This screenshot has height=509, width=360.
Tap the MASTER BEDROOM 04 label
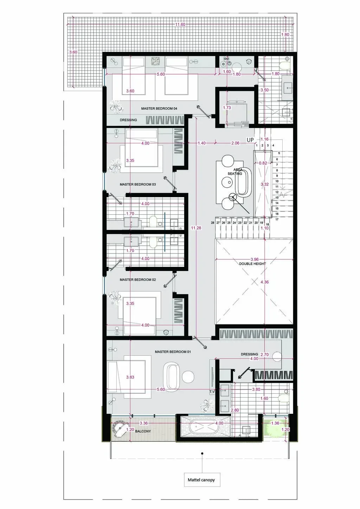click(x=159, y=109)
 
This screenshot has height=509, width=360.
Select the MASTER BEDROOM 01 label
click(x=173, y=352)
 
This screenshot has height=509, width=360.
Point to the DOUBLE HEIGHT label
click(x=252, y=264)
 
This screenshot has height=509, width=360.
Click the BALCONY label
click(x=143, y=431)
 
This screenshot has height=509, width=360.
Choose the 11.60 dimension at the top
click(x=180, y=25)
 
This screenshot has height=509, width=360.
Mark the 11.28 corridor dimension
click(x=196, y=228)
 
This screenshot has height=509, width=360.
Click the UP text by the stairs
click(x=250, y=140)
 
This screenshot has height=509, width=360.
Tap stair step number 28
click(x=212, y=223)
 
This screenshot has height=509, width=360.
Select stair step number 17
click(x=277, y=219)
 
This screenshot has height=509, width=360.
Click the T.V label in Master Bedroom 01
click(x=212, y=392)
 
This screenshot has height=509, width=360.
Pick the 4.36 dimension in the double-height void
click(x=264, y=282)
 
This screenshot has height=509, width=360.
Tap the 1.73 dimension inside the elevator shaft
click(x=227, y=108)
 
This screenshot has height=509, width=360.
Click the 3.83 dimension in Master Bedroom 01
click(x=130, y=377)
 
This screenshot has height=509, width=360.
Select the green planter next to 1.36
click(x=275, y=428)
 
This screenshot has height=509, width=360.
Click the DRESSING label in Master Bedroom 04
click(x=128, y=120)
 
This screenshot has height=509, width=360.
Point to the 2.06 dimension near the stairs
click(x=235, y=143)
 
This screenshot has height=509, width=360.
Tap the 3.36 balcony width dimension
click(x=144, y=423)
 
